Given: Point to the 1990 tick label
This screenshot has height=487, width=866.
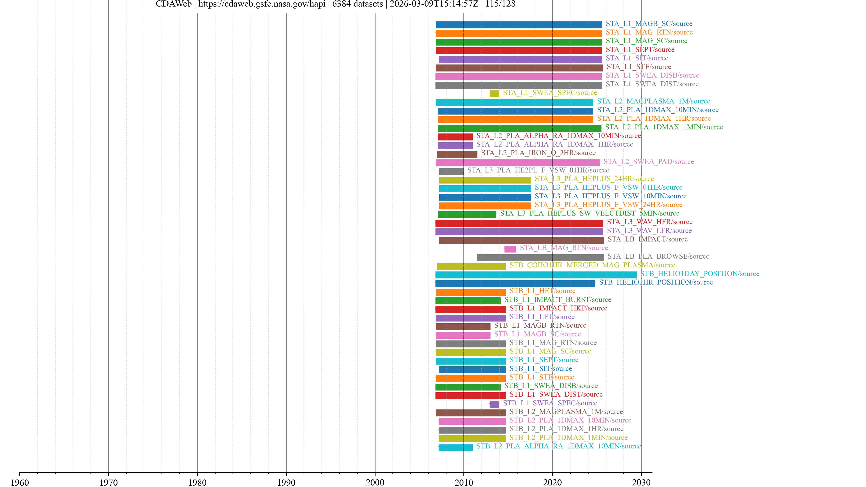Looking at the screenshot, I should coord(286,482).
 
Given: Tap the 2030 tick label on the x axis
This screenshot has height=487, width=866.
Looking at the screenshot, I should coord(641,482).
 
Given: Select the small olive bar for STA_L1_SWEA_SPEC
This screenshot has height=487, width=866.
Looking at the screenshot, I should coord(494,94).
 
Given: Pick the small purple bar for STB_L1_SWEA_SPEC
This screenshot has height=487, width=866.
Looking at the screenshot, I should coord(494,404).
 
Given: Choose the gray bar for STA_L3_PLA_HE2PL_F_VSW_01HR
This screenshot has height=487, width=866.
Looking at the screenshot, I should coord(451,171).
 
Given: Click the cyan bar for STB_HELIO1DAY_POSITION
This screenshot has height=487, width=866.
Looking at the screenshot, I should coord(536,275).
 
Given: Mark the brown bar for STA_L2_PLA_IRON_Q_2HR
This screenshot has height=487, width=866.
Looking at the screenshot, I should coord(457,154).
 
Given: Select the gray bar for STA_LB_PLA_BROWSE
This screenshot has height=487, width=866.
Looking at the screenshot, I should coord(540,258).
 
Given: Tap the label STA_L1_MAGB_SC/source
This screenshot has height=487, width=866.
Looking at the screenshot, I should coord(649,23).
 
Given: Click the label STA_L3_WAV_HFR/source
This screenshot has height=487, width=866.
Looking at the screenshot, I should coord(649,222).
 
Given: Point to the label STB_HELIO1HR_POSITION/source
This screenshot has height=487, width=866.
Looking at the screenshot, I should coord(656,282).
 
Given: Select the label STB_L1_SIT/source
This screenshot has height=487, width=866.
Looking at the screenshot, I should coord(541,369).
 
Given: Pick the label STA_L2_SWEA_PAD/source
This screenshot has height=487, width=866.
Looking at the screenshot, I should coord(649,162).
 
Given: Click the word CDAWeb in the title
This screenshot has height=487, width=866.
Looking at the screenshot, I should coord(173,4).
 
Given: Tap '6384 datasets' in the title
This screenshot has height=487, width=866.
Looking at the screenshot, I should coord(357,4).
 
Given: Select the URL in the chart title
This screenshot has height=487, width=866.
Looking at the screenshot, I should coord(262,4).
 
